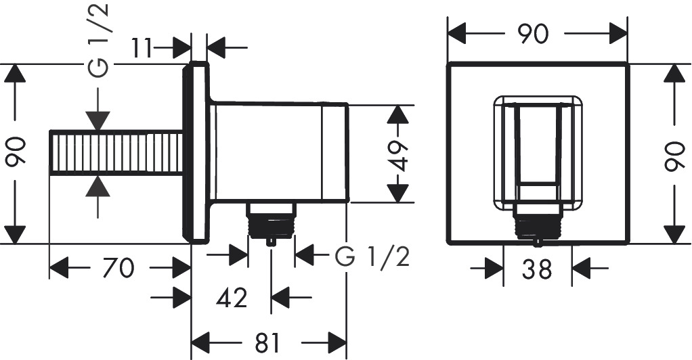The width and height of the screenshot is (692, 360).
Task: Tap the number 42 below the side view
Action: coord(232,297)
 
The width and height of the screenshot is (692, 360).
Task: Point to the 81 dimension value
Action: coord(268,342)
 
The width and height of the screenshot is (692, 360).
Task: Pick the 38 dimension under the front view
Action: coord(538,270)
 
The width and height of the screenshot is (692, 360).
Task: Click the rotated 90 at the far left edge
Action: coord(14,154)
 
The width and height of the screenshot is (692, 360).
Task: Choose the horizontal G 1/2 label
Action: coord(372,256)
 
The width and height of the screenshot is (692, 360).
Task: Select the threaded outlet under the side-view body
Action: coord(271,221)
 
